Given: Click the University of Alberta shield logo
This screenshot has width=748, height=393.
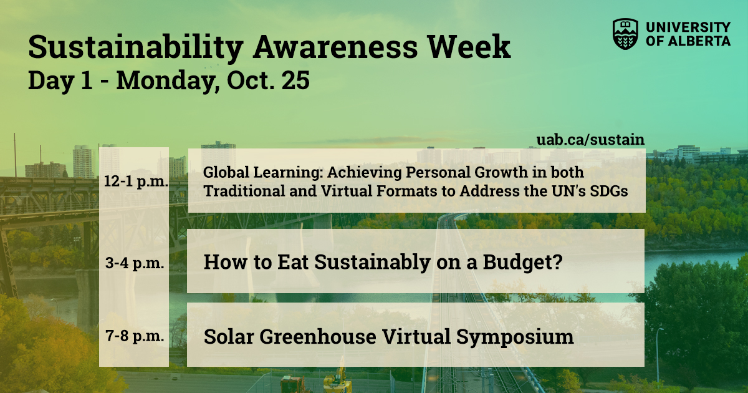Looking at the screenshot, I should pyautogui.click(x=626, y=34).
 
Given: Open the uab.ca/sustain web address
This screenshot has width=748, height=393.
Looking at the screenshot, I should pyautogui.click(x=590, y=139).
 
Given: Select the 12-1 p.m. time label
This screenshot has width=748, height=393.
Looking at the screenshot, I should pyautogui.click(x=134, y=182).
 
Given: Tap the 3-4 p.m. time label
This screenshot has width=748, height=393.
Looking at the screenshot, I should pyautogui.click(x=135, y=263).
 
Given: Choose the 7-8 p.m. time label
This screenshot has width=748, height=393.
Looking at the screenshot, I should pyautogui.click(x=135, y=337).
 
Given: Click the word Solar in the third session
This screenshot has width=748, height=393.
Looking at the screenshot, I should pyautogui.click(x=228, y=337).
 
